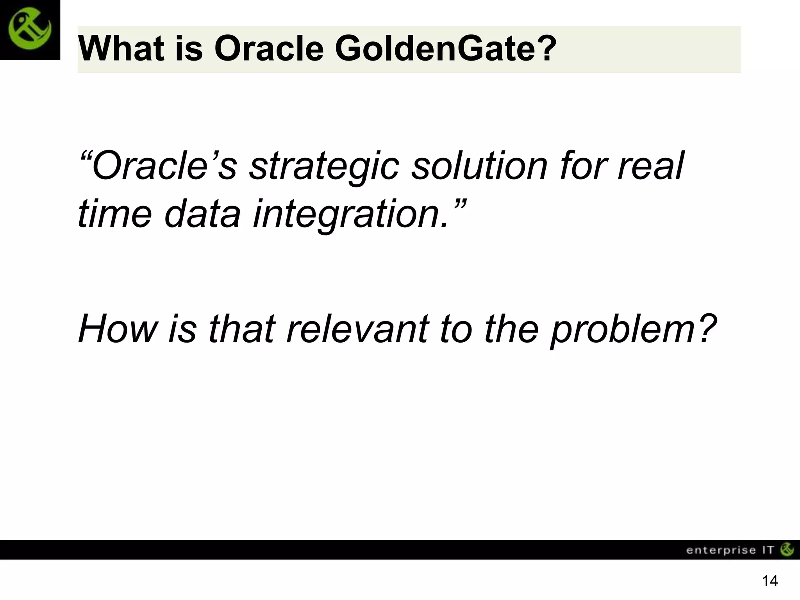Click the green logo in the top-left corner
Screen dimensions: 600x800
click(x=30, y=30)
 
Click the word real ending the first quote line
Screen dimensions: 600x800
click(x=650, y=166)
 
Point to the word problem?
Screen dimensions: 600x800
click(x=633, y=330)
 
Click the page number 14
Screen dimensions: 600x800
click(x=770, y=581)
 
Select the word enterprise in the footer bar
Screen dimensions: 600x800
click(x=721, y=550)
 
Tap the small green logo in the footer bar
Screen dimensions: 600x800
click(x=787, y=550)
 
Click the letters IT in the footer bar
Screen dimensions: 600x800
click(x=768, y=550)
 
